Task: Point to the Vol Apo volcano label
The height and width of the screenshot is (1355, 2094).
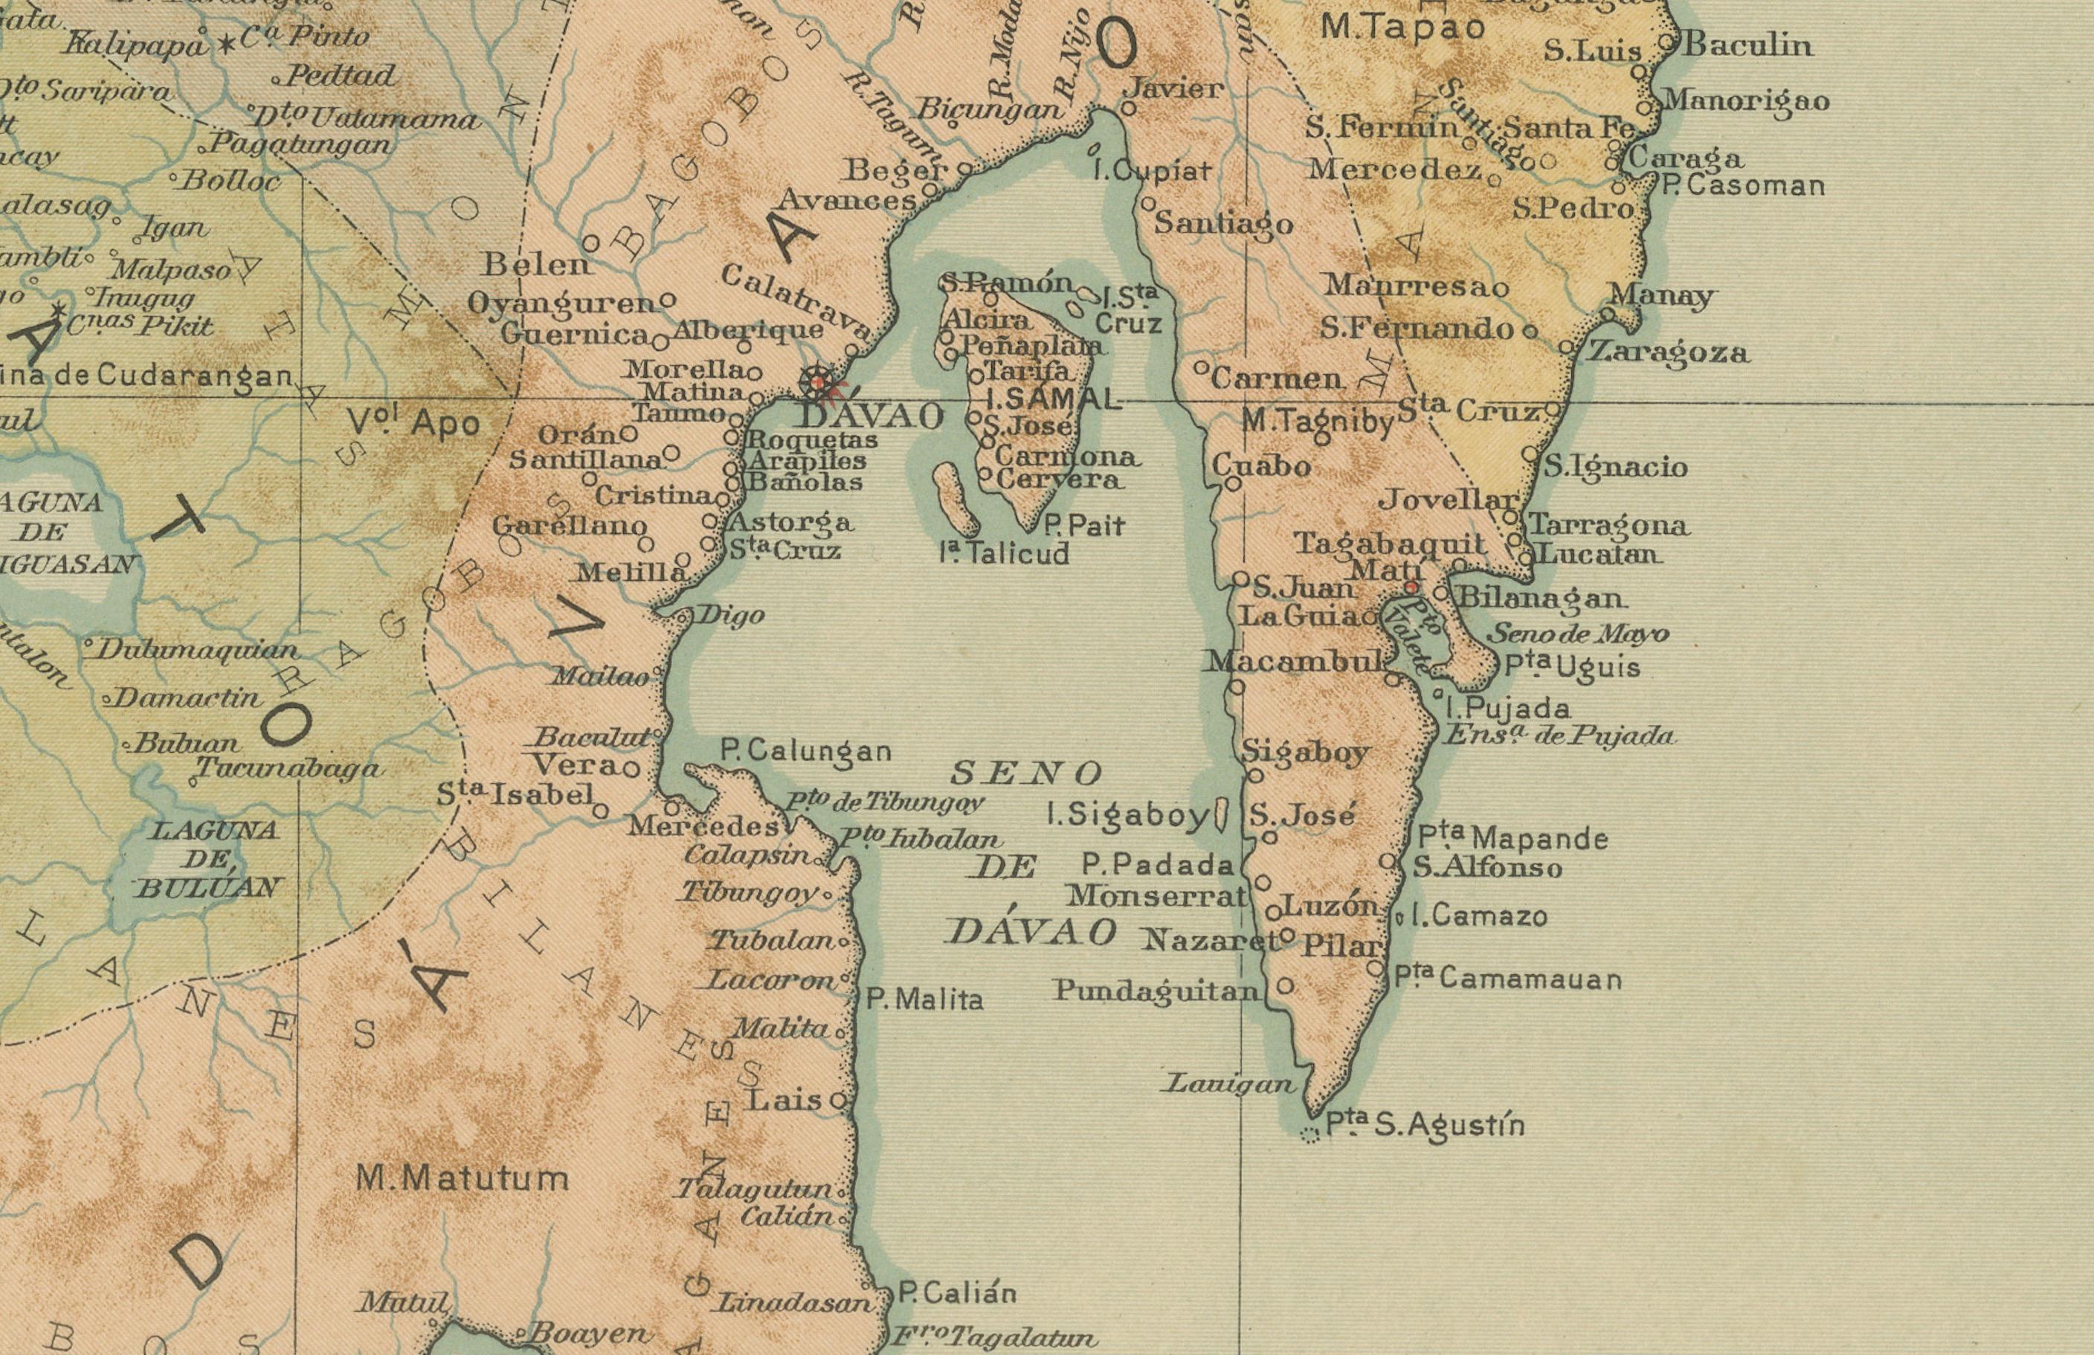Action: (413, 423)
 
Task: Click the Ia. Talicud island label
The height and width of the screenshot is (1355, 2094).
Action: (1005, 553)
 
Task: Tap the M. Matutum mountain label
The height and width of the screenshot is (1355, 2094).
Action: (463, 1177)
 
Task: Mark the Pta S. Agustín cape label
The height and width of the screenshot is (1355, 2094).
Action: (1425, 1125)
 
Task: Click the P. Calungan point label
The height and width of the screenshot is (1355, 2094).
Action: (806, 751)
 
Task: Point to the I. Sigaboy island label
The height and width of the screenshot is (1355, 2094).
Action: (1128, 816)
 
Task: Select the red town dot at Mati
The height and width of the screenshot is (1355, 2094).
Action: (1411, 587)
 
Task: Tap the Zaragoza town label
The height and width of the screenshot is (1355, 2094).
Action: (1668, 353)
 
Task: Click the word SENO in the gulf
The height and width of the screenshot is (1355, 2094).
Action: (1027, 773)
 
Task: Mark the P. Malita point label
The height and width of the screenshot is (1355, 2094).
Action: (925, 1000)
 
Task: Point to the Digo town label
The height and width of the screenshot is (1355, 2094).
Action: (730, 615)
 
